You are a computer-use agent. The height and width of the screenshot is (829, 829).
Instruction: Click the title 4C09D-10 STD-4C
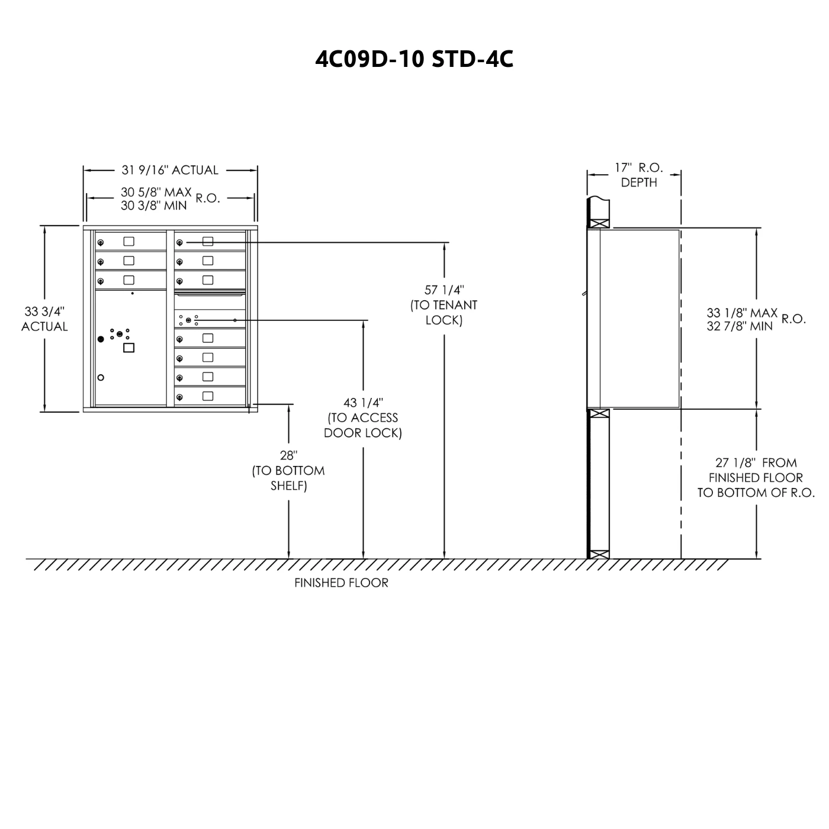pos(414,59)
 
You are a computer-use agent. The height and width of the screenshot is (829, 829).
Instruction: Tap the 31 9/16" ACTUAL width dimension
pos(170,171)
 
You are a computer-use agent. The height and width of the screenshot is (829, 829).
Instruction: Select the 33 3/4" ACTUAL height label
pos(44,319)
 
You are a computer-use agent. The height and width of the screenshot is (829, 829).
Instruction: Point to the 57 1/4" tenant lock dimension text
pos(444,305)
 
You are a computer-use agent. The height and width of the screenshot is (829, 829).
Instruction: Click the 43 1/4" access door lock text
pos(363,418)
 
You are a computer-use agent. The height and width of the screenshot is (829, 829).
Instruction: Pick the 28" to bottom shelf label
pos(288,471)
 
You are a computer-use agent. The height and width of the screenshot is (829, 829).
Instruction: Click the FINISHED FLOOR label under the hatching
pos(341,583)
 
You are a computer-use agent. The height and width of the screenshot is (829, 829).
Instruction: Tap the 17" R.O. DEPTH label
pos(638,175)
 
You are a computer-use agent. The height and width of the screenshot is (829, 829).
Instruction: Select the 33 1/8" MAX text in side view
pos(742,313)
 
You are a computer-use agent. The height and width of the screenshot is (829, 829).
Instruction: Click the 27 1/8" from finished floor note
pos(756,478)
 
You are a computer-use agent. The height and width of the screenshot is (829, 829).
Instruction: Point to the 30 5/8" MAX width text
pos(156,192)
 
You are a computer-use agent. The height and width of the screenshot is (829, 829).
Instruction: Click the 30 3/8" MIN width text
pos(154,205)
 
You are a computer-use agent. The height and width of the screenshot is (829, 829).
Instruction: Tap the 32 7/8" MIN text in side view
pos(740,326)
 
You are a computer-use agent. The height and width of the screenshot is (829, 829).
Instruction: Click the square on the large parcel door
pos(128,348)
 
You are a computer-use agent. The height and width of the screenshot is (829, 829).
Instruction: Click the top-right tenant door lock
pos(179,242)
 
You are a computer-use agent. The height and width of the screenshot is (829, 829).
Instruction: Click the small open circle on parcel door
pos(101,378)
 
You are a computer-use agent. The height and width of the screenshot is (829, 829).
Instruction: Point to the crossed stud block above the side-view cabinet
pos(598,224)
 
